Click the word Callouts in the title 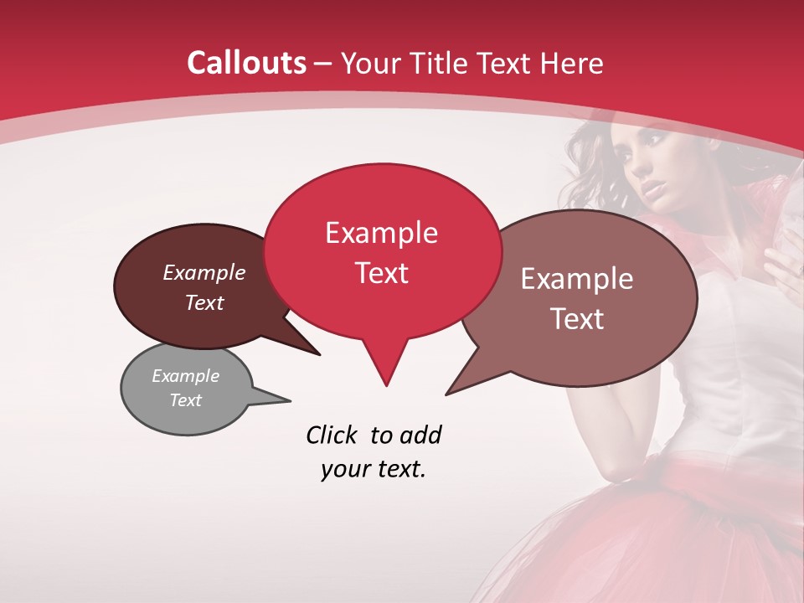pos(246,63)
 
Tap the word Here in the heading pos(573,64)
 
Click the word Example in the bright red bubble pos(381,233)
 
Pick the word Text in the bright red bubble pos(381,273)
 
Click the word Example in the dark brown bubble pos(204,272)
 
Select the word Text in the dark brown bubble pos(204,302)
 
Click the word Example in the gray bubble pos(185,376)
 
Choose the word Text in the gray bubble pos(185,400)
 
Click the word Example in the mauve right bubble pos(577,279)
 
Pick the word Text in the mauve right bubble pos(577,319)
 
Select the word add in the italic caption pos(420,435)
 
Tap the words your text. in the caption pos(373,469)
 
